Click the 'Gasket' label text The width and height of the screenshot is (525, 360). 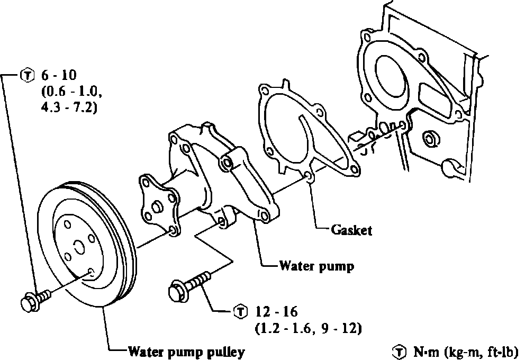pyautogui.click(x=351, y=230)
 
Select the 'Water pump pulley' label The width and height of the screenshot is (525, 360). pyautogui.click(x=186, y=351)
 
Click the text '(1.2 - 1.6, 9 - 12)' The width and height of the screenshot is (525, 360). pyautogui.click(x=308, y=329)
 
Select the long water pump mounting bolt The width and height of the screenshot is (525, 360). pyautogui.click(x=191, y=285)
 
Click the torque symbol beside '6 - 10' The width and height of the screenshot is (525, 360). pyautogui.click(x=25, y=75)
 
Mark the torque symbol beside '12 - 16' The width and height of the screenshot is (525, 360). pyautogui.click(x=240, y=311)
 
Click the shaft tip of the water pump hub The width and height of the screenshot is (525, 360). pyautogui.click(x=156, y=206)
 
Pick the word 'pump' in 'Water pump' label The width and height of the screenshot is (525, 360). pyautogui.click(x=337, y=265)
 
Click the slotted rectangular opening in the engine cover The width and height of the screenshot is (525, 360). pyautogui.click(x=432, y=98)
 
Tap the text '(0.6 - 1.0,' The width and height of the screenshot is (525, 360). pyautogui.click(x=71, y=92)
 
